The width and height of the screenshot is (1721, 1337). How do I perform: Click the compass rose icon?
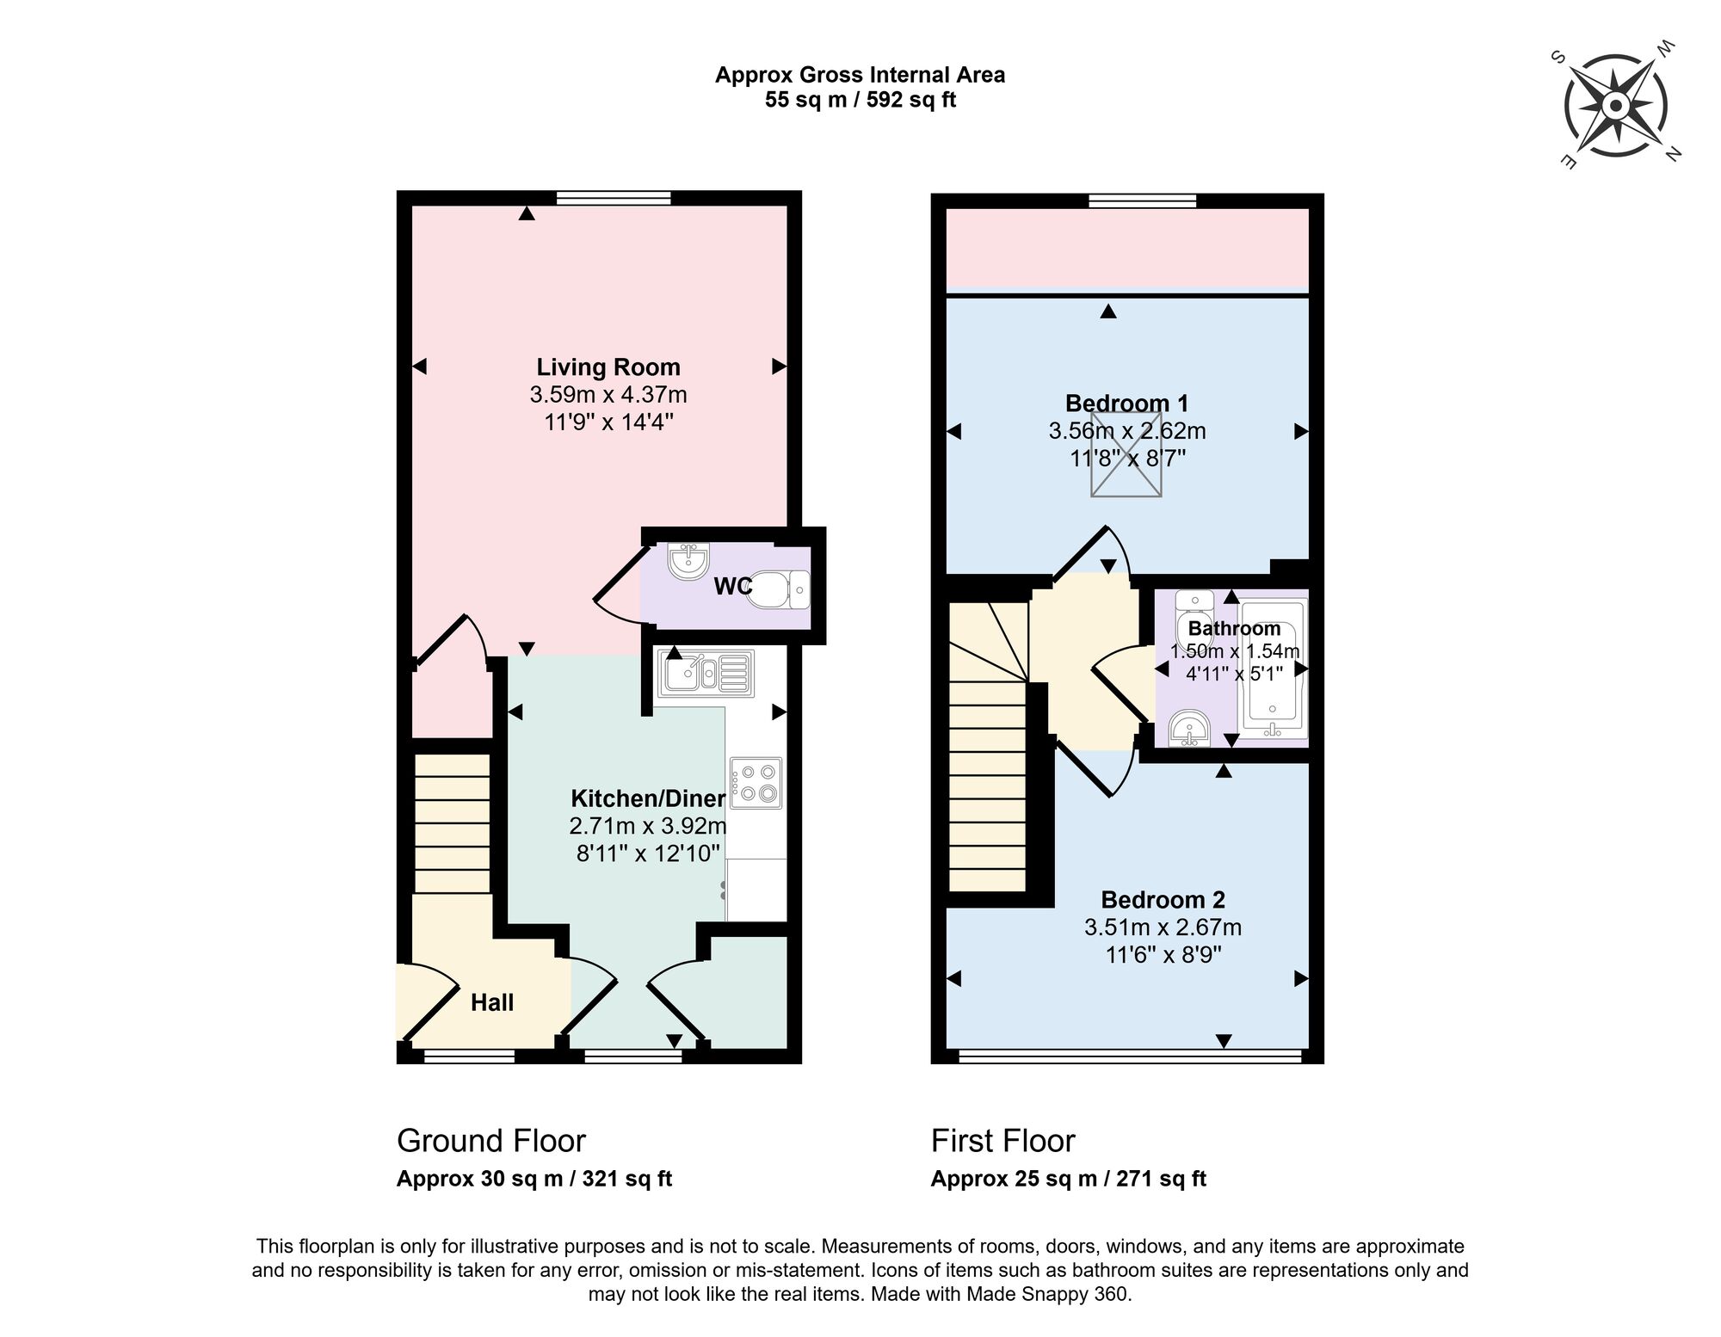coord(1615,106)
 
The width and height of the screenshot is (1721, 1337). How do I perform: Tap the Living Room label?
coord(608,367)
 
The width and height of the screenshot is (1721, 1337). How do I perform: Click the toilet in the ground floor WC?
coord(776,589)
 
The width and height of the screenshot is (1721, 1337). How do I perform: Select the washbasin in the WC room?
coord(688,562)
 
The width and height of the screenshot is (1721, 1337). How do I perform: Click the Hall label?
coord(492,1002)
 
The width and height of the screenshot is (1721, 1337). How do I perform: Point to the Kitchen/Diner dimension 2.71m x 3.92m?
coord(647,826)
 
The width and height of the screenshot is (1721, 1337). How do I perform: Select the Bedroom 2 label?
coord(1163,900)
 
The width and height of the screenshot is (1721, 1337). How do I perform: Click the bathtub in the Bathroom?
coord(1273,668)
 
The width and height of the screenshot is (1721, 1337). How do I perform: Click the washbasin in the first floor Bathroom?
coord(1190,729)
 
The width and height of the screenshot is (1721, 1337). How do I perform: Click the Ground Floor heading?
coord(490,1141)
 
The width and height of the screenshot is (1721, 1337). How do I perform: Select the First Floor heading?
coord(1002,1141)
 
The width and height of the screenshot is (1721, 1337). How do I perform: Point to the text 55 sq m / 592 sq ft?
coord(860,100)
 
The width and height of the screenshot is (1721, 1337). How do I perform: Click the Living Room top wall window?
coord(613,198)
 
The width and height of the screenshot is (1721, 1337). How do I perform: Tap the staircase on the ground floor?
coord(453,823)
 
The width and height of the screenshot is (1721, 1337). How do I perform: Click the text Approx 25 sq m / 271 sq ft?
coord(1068,1179)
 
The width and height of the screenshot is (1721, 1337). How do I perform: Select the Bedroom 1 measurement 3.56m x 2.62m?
coord(1126,430)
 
